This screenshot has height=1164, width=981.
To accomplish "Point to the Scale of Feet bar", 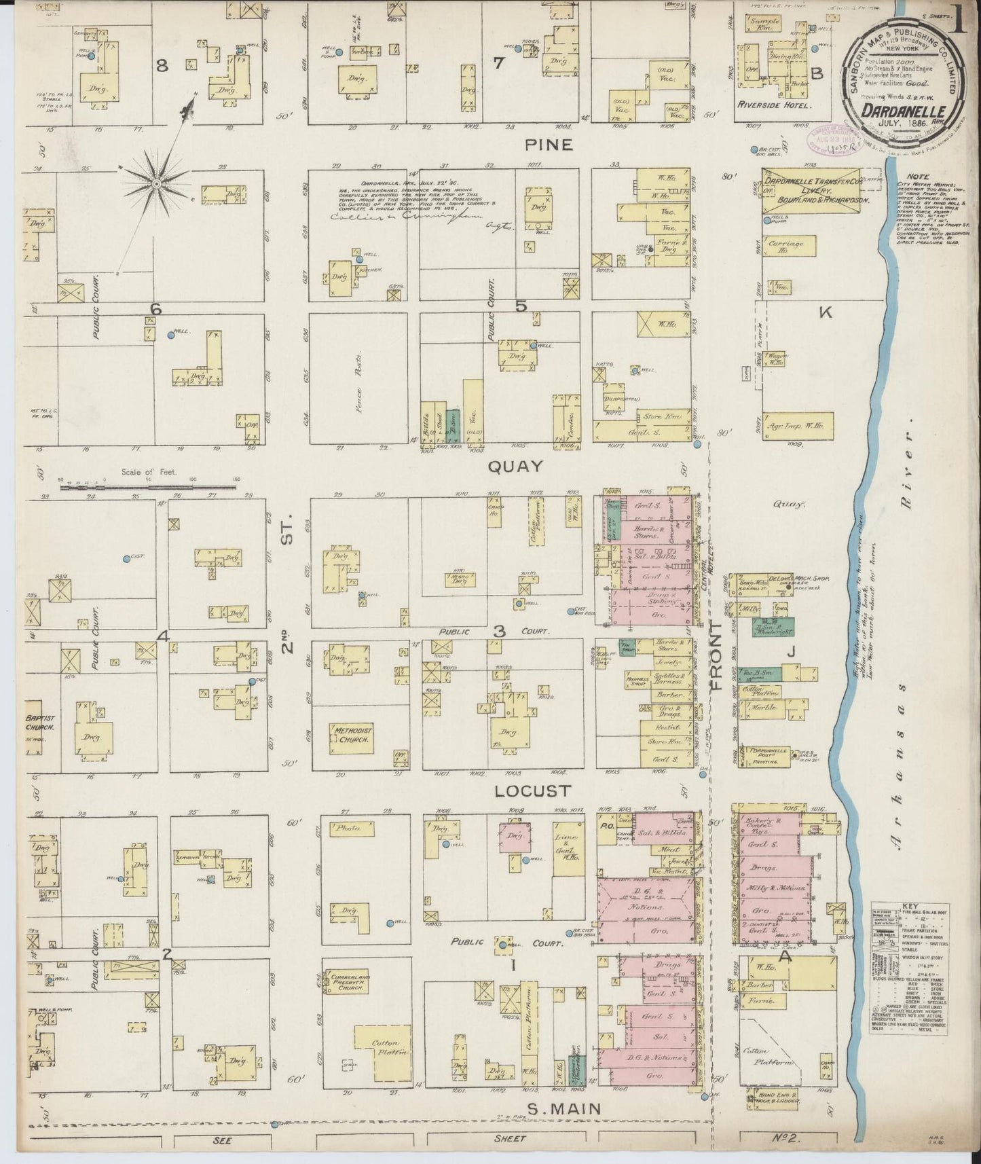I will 149,485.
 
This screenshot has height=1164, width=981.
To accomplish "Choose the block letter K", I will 826,313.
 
